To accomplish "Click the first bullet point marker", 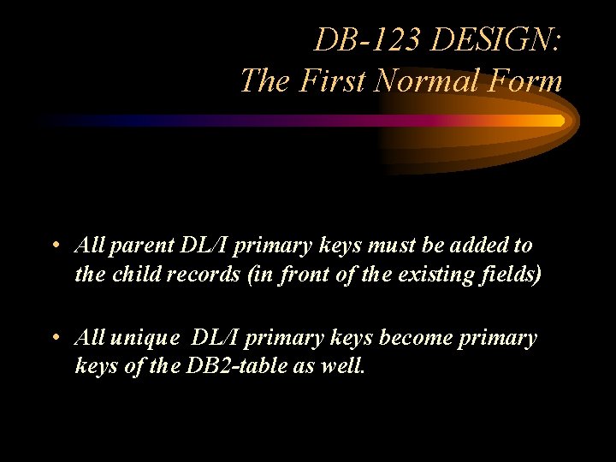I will pos(54,246).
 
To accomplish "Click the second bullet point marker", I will pos(54,338).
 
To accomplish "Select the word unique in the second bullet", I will pos(145,339).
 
